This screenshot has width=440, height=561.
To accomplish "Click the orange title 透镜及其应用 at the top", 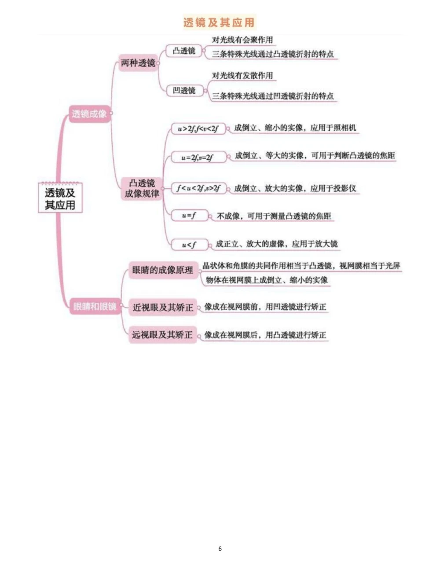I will coord(219,22).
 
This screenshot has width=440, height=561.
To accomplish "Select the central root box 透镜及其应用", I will coord(60,198).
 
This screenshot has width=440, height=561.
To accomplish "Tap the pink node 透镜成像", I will coord(89,114).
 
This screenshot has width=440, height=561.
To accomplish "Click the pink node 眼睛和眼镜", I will coord(95,306).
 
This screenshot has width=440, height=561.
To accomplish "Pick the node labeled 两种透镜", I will coord(138,63).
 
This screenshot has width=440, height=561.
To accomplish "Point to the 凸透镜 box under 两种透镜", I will coord(184,51).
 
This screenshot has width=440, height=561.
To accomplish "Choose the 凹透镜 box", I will coord(184,91).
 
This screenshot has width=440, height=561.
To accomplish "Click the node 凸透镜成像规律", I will coord(142,188).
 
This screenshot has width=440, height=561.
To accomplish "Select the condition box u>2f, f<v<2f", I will coord(198,129).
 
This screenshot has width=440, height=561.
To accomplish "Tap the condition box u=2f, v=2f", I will coord(198,157).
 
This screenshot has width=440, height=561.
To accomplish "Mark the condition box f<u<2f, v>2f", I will coord(198,189).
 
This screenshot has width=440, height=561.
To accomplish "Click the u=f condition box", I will coord(189,216).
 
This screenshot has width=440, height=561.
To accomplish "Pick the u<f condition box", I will coord(189,245).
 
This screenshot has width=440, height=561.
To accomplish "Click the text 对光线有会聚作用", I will coord(242,40).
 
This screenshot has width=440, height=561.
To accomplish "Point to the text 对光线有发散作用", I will coord(242,76).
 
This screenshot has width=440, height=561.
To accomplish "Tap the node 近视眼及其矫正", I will coord(163,307).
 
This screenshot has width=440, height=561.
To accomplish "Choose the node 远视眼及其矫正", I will coord(163,335).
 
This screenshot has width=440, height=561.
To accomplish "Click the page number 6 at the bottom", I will coord(220,549).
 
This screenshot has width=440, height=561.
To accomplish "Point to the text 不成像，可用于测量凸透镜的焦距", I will coord(274,216).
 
